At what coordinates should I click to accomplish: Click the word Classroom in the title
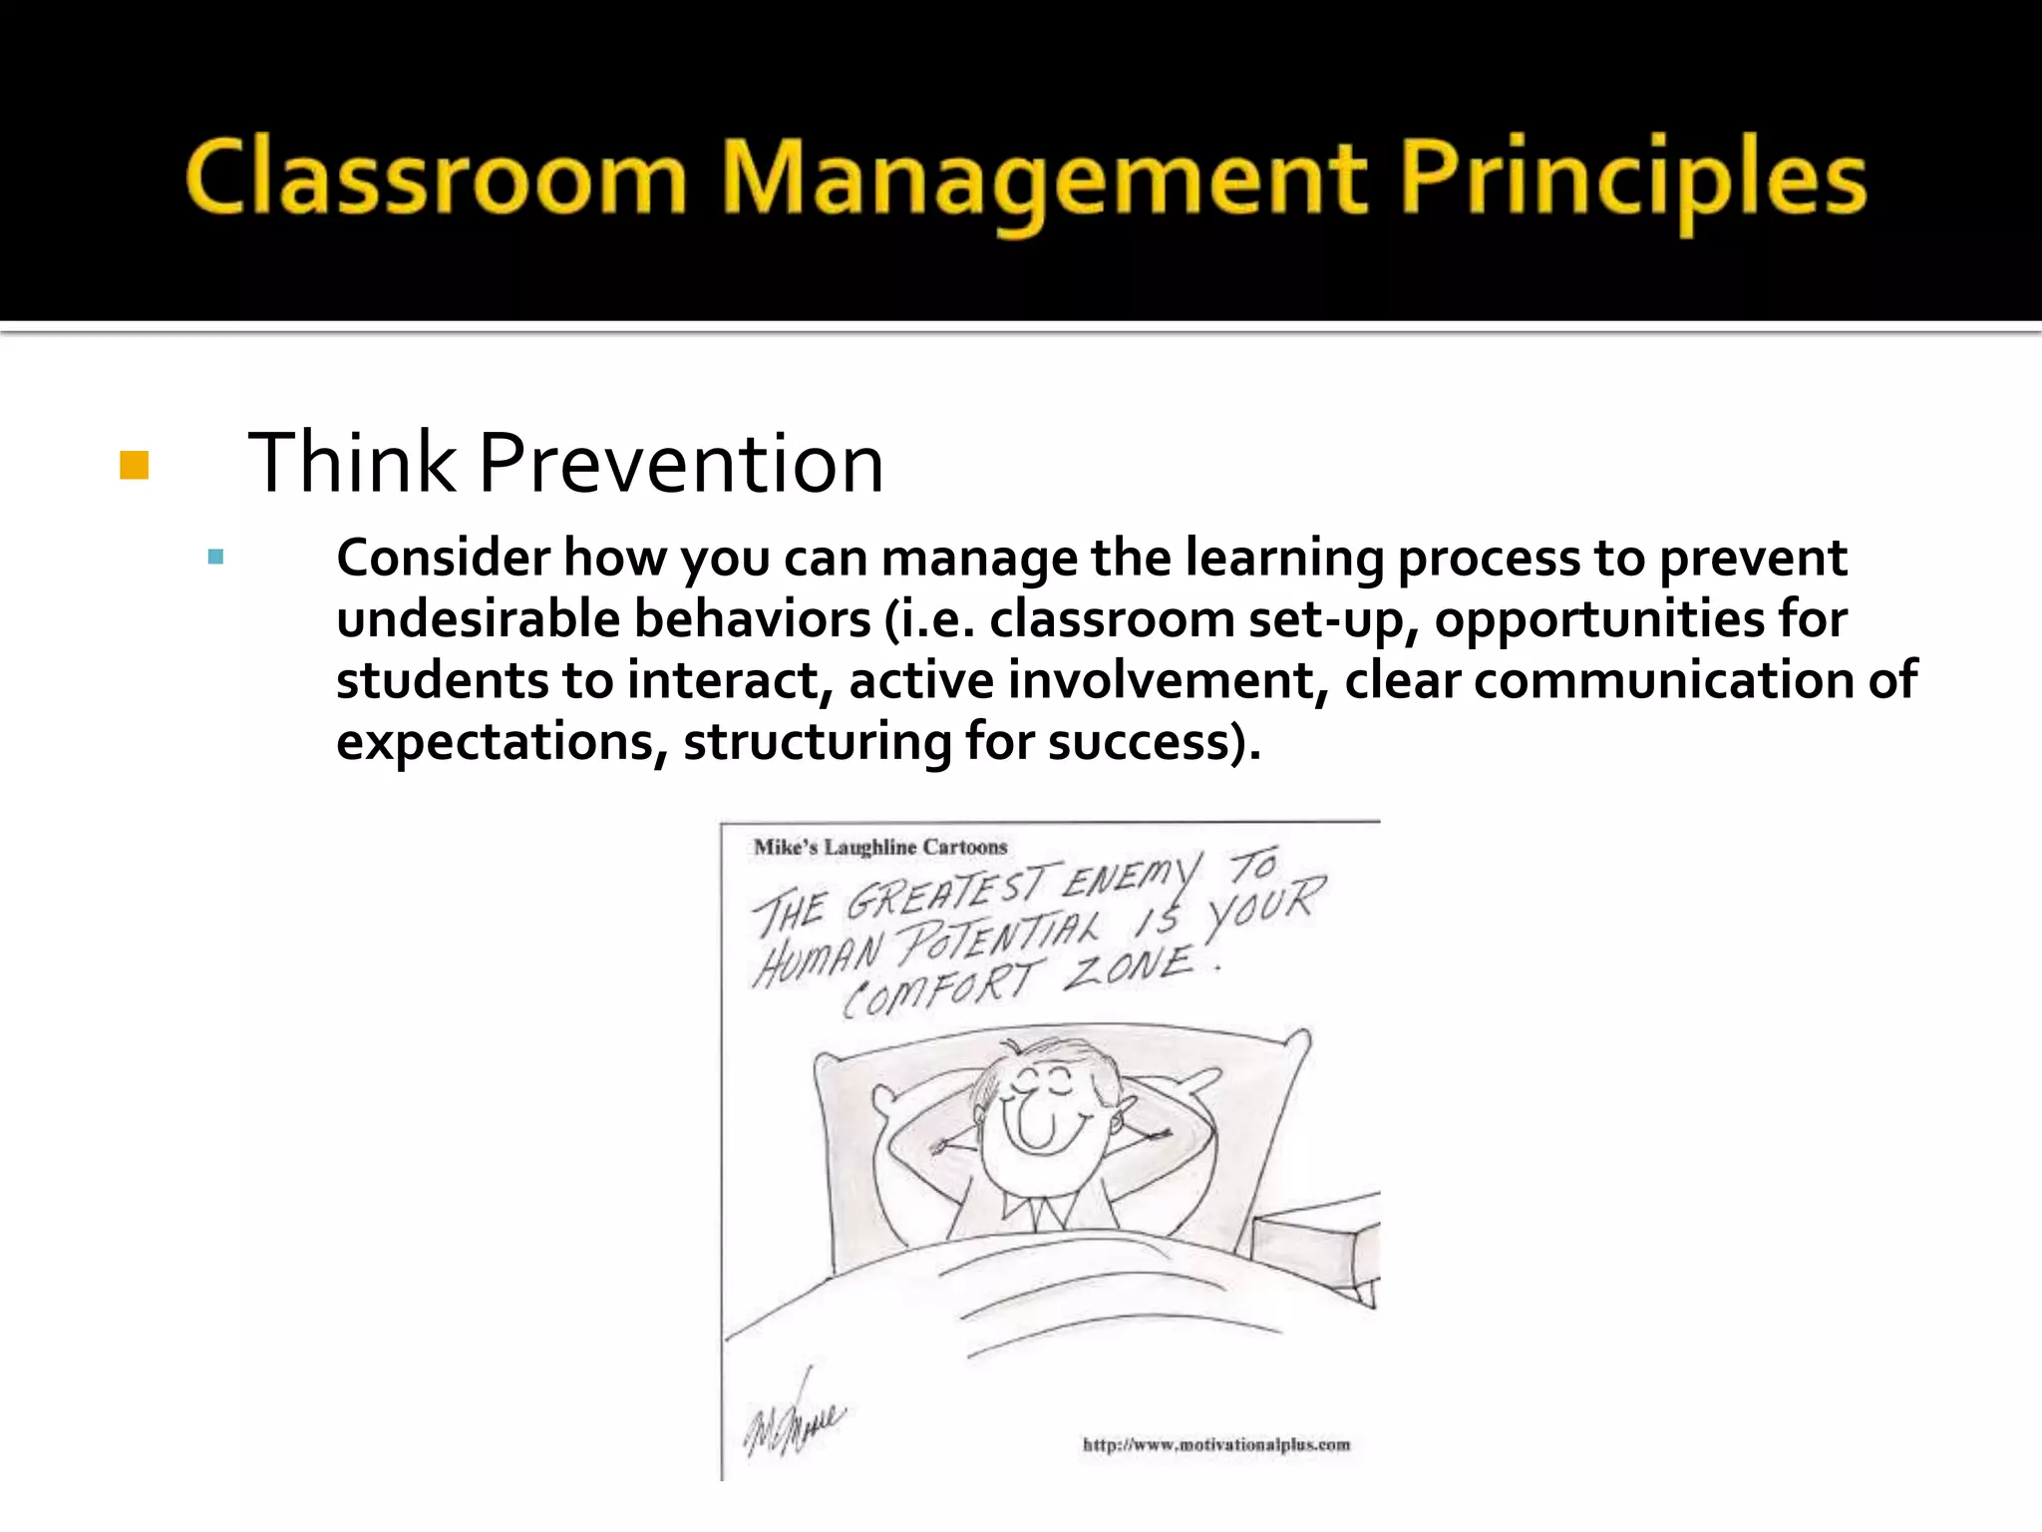pyautogui.click(x=436, y=180)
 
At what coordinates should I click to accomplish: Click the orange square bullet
pyautogui.click(x=134, y=466)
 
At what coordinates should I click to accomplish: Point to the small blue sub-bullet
pyautogui.click(x=215, y=557)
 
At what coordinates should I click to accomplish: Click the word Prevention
pyautogui.click(x=681, y=464)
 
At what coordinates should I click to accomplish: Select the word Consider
pyautogui.click(x=443, y=558)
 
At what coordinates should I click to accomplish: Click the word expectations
pyautogui.click(x=502, y=743)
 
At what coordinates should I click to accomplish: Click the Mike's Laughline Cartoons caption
pyautogui.click(x=879, y=848)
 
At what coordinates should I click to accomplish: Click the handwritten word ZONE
pyautogui.click(x=1127, y=967)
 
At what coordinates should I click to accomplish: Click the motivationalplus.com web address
pyautogui.click(x=1215, y=1444)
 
